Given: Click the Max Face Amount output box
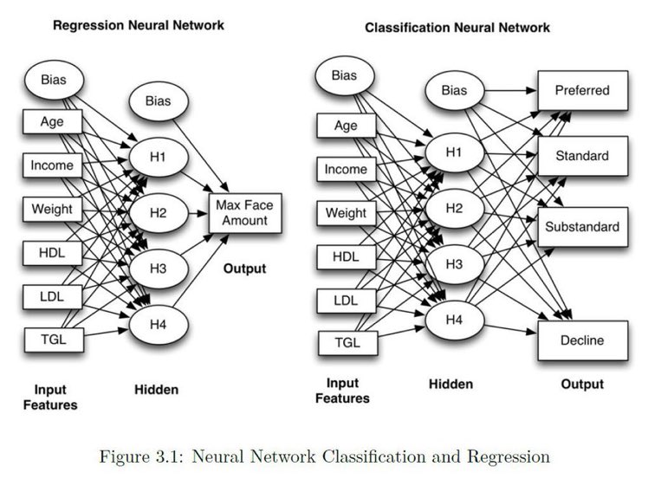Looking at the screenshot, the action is pyautogui.click(x=245, y=213).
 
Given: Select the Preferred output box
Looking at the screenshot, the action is pyautogui.click(x=583, y=90).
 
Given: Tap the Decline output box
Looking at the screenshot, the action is pyautogui.click(x=583, y=340).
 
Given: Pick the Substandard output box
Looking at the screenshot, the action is pyautogui.click(x=583, y=227).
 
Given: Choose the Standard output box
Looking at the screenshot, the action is pyautogui.click(x=583, y=156).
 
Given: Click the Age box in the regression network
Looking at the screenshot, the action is pyautogui.click(x=53, y=121).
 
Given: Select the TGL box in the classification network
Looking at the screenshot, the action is pyautogui.click(x=347, y=343).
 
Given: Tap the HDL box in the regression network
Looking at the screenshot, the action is pyautogui.click(x=53, y=253).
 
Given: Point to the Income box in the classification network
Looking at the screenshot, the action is pyautogui.click(x=347, y=169).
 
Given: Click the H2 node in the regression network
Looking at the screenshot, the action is pyautogui.click(x=159, y=213).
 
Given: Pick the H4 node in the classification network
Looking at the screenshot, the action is pyautogui.click(x=455, y=320).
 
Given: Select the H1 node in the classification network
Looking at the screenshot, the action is pyautogui.click(x=455, y=152).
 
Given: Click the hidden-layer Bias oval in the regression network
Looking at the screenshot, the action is pyautogui.click(x=159, y=100).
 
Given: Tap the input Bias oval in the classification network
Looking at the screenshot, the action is pyautogui.click(x=345, y=75).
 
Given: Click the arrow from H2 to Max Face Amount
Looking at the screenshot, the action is pyautogui.click(x=198, y=214).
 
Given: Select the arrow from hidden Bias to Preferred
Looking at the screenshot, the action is pyautogui.click(x=511, y=90).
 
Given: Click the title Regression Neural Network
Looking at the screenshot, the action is pyautogui.click(x=139, y=25).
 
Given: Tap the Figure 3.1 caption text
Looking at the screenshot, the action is pyautogui.click(x=324, y=456).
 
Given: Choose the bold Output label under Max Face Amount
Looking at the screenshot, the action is pyautogui.click(x=244, y=269).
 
